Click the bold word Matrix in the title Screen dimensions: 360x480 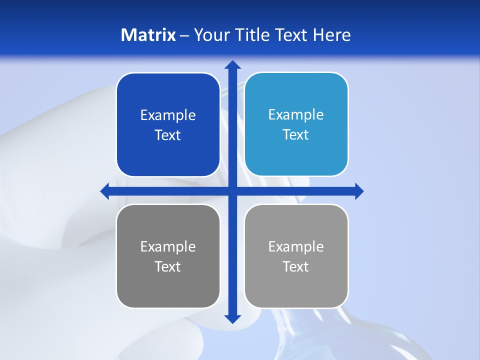tap(148, 35)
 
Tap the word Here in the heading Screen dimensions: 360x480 tap(331, 35)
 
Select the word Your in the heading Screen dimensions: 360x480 tap(209, 35)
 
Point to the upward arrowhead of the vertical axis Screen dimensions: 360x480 tap(232, 64)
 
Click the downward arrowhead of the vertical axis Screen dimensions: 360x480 tap(232, 319)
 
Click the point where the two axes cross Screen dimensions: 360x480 tap(232, 191)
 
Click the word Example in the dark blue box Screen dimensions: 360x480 tap(168, 115)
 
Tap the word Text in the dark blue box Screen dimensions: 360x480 tap(168, 135)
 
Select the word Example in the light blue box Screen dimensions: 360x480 tap(296, 115)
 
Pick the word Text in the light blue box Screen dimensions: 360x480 tap(296, 135)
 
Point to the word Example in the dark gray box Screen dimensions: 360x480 tap(168, 247)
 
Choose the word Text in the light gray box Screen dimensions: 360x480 tap(296, 267)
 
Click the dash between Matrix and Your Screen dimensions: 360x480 tap(184, 35)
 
